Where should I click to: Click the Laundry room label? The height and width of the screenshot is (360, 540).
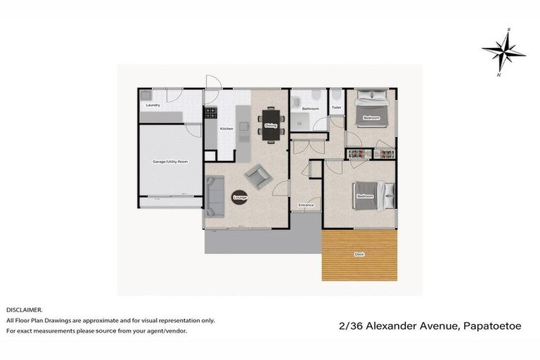point(153,105)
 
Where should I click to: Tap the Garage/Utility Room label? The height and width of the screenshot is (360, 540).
point(170,162)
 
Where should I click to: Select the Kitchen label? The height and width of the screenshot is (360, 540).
point(226,129)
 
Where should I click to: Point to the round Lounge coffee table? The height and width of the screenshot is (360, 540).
point(239,198)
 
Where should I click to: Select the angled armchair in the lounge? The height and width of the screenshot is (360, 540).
point(258,176)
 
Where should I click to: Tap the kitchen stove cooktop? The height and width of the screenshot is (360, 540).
point(210,112)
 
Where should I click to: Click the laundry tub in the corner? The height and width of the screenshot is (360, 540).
point(146,94)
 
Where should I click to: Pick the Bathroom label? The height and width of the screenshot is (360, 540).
point(311,109)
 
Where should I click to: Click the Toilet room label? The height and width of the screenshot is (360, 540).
point(336,108)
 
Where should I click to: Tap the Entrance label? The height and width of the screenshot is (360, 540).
point(306,205)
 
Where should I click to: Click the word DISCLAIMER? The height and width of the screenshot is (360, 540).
point(25,309)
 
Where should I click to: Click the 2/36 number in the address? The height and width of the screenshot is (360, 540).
point(348,326)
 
